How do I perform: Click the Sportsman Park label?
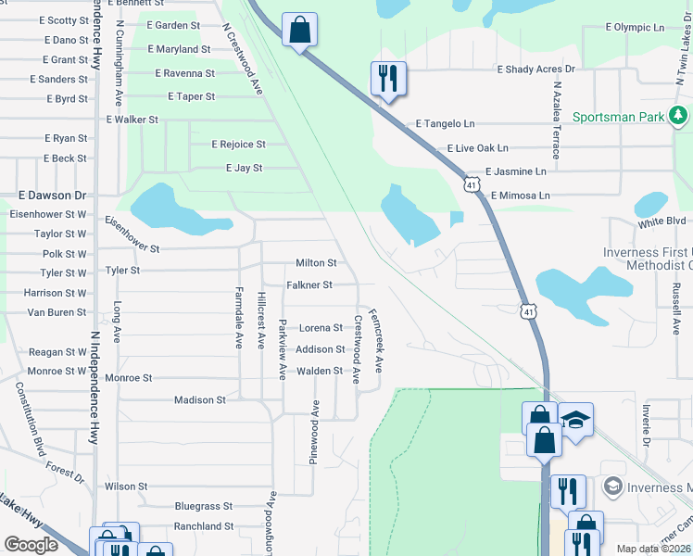click(619, 118)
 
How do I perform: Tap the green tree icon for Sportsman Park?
click(679, 116)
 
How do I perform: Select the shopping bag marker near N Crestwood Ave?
click(299, 31)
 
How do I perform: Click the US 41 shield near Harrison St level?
click(527, 311)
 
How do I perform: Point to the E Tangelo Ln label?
click(445, 123)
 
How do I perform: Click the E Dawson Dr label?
click(52, 196)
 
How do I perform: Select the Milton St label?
click(315, 263)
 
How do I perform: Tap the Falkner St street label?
click(309, 285)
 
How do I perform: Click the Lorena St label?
click(320, 328)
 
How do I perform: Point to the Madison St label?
click(200, 400)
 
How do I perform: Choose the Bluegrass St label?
click(204, 507)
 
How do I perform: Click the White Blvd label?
click(661, 222)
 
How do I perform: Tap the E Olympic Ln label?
click(635, 28)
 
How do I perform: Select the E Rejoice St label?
click(238, 145)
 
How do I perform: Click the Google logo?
click(31, 545)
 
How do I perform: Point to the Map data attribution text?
click(653, 550)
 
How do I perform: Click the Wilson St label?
click(126, 486)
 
